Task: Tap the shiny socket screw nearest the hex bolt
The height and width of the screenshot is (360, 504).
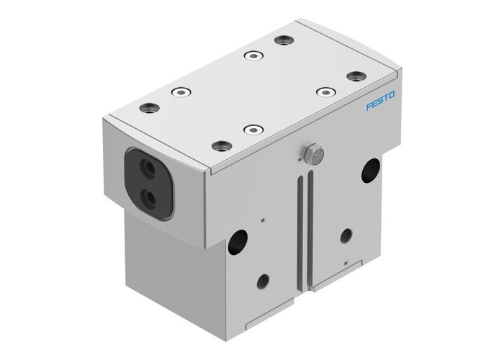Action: point(251,130)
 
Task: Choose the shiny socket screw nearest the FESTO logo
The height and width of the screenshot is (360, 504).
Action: point(327,92)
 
